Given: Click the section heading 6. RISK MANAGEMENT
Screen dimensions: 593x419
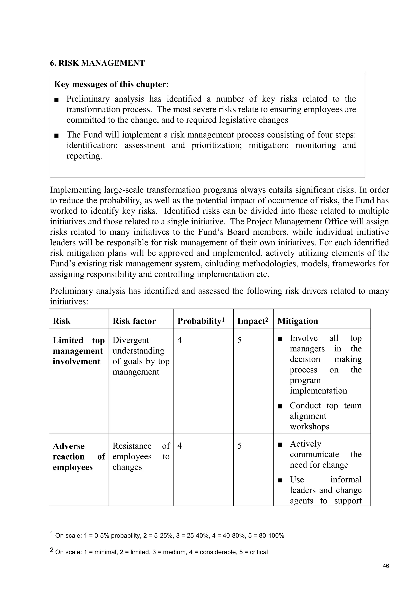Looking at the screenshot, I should tap(97, 63).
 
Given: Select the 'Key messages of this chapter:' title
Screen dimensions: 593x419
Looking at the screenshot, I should tap(112, 84).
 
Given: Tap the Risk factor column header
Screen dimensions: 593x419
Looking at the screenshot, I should tap(134, 321).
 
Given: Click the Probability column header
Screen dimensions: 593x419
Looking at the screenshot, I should tap(201, 321).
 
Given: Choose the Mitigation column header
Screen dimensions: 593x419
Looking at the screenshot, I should tap(297, 321).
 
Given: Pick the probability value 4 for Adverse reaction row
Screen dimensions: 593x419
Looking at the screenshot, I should tap(180, 446).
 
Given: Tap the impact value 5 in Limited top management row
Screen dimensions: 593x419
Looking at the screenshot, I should tap(239, 340).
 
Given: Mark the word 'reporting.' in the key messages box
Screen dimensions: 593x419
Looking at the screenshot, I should tap(84, 156).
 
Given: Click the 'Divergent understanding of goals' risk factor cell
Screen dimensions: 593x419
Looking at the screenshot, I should tap(141, 356).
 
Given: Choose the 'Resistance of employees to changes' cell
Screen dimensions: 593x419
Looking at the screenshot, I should tap(141, 457).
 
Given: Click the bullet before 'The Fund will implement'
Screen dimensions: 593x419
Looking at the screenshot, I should tap(56, 135).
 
